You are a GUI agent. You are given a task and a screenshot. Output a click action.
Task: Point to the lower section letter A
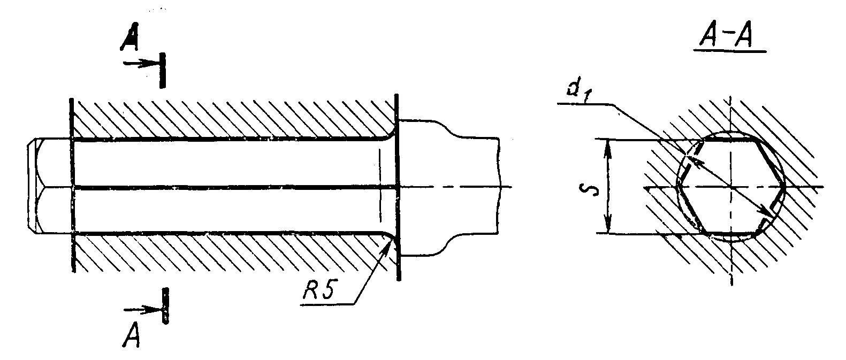point(132,335)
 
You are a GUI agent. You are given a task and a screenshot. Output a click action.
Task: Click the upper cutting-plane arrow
point(142,64)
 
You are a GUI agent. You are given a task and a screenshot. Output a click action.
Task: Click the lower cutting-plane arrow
point(143,310)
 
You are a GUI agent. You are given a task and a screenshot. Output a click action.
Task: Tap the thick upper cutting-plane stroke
point(163,71)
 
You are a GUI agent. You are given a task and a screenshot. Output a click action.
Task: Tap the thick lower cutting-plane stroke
point(165,305)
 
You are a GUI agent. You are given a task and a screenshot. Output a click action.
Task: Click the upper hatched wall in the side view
point(234,119)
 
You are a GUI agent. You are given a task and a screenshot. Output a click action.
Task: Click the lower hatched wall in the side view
point(234,252)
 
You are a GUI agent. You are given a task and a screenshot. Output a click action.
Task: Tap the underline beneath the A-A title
point(730,51)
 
